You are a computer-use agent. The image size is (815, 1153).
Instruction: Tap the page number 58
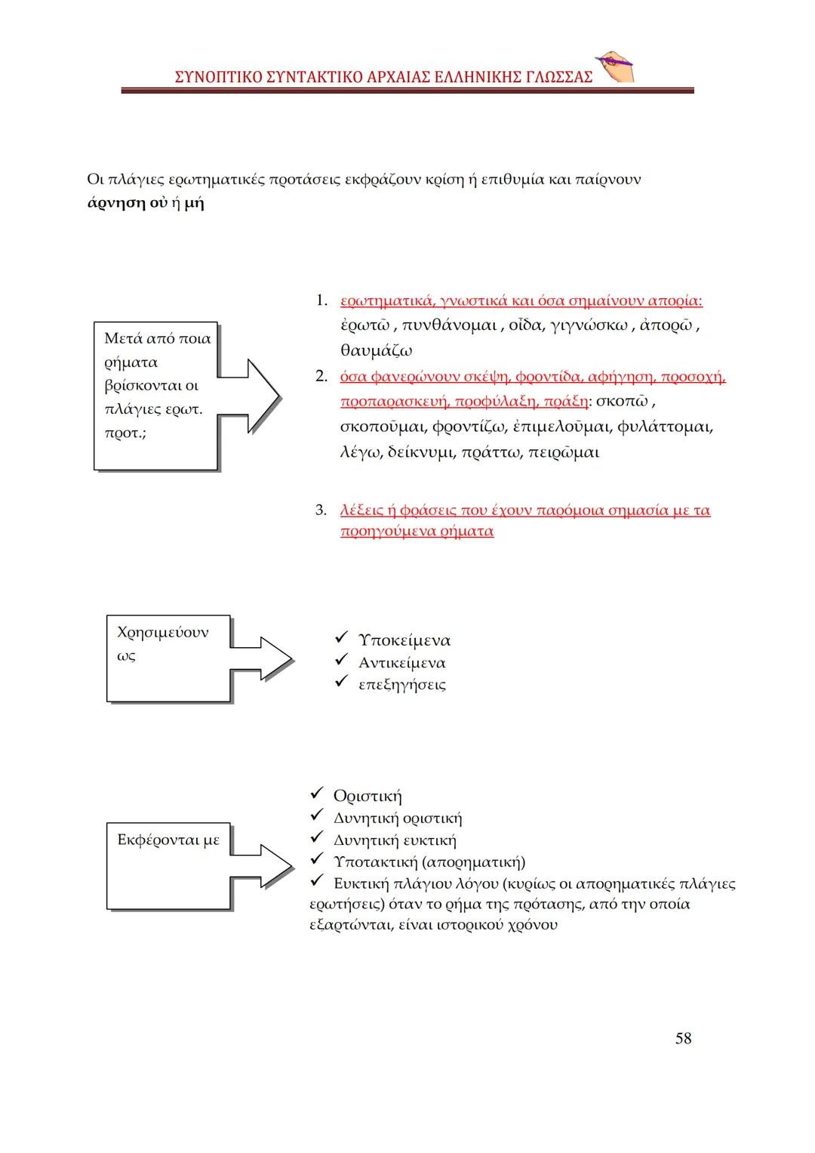(683, 1038)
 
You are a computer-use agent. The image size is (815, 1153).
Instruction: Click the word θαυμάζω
(376, 351)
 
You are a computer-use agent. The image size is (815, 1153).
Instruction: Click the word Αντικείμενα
(401, 663)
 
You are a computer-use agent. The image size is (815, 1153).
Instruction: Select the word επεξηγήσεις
(401, 685)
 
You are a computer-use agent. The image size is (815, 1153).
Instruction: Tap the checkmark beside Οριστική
(317, 794)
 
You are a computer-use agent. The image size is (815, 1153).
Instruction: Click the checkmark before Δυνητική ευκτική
(317, 839)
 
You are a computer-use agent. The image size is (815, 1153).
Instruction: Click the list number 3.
(321, 510)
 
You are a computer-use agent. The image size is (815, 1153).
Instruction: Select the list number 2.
(321, 377)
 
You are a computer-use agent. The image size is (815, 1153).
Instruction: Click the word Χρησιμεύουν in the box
(162, 632)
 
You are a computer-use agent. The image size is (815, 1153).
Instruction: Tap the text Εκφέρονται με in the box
(168, 840)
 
